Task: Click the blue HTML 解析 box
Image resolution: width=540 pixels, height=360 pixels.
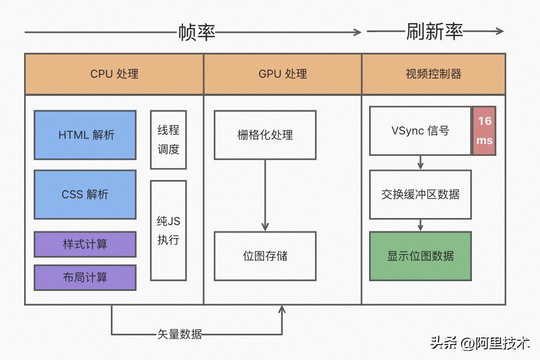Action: tap(85, 135)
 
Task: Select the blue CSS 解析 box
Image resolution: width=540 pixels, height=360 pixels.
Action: tap(85, 194)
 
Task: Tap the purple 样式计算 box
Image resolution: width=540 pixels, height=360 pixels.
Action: tap(85, 244)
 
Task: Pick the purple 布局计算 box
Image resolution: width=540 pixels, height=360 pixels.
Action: tap(85, 277)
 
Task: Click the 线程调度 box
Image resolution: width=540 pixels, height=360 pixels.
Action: tap(168, 140)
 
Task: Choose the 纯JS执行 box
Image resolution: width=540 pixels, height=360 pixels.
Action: tap(168, 230)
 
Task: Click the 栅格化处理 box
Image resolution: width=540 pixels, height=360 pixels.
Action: tap(265, 135)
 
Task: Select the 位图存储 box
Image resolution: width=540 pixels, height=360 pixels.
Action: tap(265, 256)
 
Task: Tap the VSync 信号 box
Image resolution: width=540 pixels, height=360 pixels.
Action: tap(420, 131)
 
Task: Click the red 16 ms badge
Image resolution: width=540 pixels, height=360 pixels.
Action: tap(484, 131)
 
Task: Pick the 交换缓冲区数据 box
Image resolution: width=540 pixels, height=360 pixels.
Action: tap(420, 194)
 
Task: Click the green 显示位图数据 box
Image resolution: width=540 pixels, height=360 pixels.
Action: tap(420, 256)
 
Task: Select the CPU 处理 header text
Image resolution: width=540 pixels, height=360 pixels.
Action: tap(114, 74)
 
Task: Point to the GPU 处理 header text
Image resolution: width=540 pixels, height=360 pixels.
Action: tap(282, 74)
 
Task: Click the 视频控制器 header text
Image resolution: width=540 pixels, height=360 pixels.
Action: tap(433, 74)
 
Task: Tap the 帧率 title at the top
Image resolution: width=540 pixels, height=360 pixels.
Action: tap(197, 33)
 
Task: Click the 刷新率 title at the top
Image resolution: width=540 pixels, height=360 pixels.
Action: tap(434, 32)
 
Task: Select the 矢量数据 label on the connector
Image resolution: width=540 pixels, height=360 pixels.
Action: tap(179, 334)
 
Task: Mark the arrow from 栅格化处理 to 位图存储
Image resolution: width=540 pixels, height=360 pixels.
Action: tap(265, 196)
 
